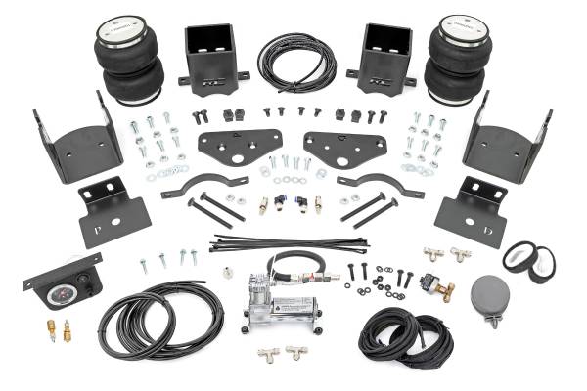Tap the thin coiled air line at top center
point(295,63)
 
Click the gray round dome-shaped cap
point(489,293)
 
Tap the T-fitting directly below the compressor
point(267,354)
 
